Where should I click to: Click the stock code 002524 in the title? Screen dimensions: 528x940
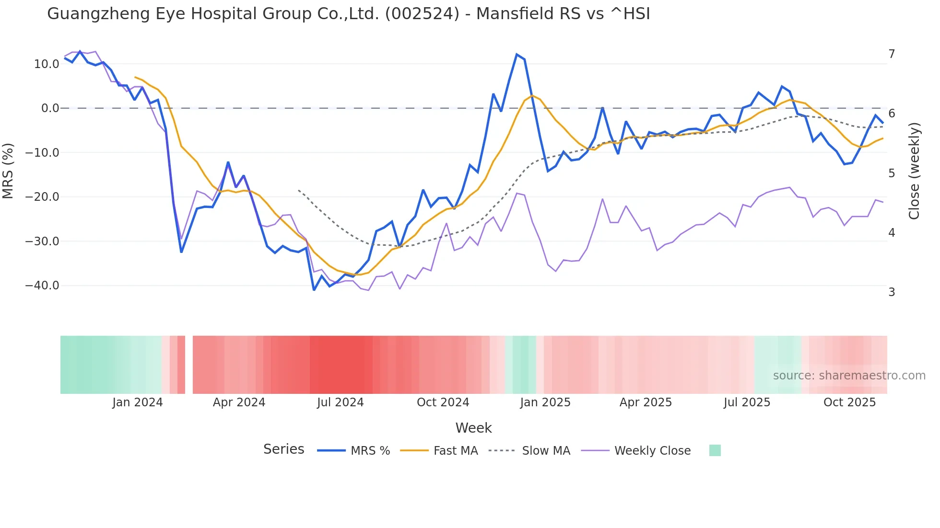(x=422, y=14)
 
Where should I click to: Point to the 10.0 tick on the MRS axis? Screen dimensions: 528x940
(x=46, y=64)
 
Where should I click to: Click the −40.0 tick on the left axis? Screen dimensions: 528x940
(x=42, y=286)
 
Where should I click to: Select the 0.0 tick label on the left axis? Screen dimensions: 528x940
(x=50, y=108)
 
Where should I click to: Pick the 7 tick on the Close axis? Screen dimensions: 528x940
(x=892, y=54)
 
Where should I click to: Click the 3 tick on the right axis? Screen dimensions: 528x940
(x=892, y=292)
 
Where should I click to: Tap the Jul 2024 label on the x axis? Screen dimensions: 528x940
(x=340, y=402)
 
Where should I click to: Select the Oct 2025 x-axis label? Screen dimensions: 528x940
(x=849, y=402)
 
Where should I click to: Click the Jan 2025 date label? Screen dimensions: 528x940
(x=545, y=402)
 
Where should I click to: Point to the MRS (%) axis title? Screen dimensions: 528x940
(x=8, y=171)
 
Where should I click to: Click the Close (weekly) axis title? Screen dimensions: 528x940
(x=914, y=171)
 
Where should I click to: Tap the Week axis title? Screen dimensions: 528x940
(x=473, y=428)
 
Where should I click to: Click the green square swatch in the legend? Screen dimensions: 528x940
(x=715, y=450)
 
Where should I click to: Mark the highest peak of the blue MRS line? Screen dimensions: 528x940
(x=517, y=54)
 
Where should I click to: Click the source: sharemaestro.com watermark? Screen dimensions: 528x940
(x=849, y=376)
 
